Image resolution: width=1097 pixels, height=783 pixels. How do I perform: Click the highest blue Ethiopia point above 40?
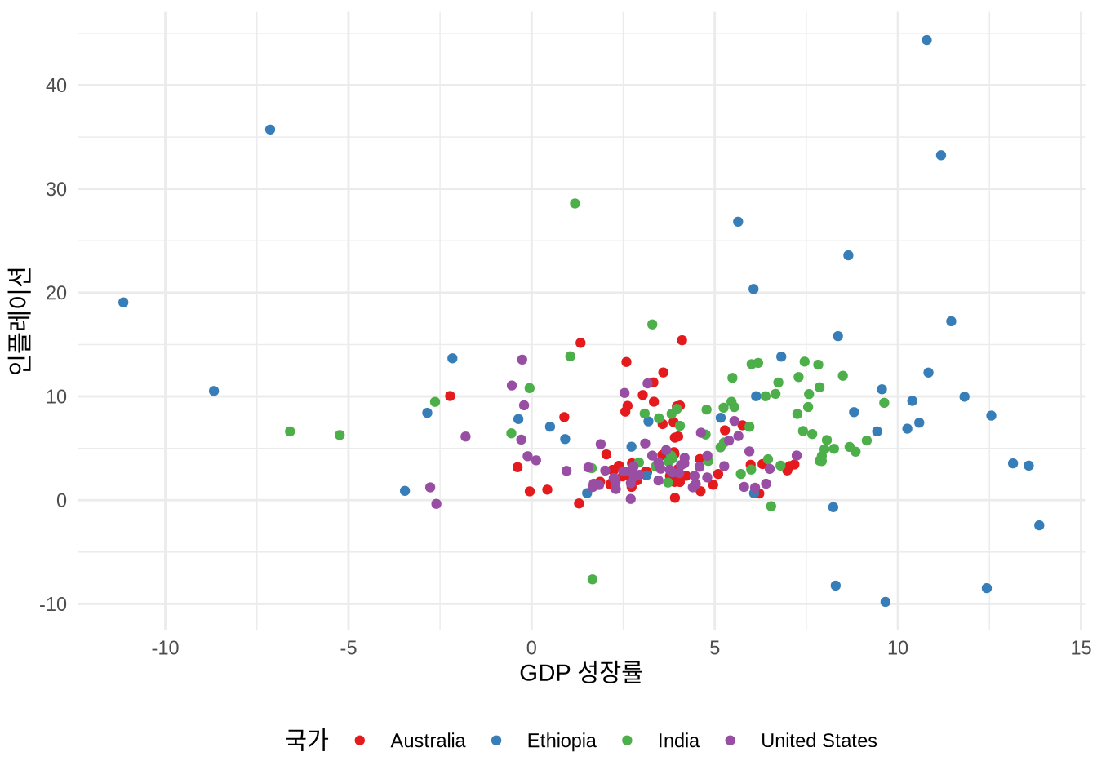926,40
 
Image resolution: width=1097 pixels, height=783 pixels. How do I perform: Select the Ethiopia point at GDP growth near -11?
123,303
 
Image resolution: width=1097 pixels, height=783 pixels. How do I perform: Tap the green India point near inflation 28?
575,203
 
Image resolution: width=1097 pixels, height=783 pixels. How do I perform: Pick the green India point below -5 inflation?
593,579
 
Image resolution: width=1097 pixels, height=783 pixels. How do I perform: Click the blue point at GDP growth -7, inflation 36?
270,130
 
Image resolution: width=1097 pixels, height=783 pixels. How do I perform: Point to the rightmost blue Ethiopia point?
1039,525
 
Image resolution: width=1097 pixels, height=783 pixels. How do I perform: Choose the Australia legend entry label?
427,741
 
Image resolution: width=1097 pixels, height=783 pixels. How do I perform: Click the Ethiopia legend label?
561,741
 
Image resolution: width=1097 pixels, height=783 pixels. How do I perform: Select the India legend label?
678,741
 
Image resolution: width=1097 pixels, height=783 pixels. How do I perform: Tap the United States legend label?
818,741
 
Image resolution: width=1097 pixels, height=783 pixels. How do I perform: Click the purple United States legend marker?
731,741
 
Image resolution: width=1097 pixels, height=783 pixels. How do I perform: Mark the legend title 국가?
306,740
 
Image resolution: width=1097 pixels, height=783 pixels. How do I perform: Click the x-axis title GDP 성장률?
580,673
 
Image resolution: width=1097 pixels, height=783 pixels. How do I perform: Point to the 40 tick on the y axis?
56,86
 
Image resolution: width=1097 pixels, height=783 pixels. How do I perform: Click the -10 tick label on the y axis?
53,604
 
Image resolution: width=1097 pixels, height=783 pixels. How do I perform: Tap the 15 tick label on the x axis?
1080,648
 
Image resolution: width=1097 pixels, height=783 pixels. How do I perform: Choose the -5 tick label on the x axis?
348,648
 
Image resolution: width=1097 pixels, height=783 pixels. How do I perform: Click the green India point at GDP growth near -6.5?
290,431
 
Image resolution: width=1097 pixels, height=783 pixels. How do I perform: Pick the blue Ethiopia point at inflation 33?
941,155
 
